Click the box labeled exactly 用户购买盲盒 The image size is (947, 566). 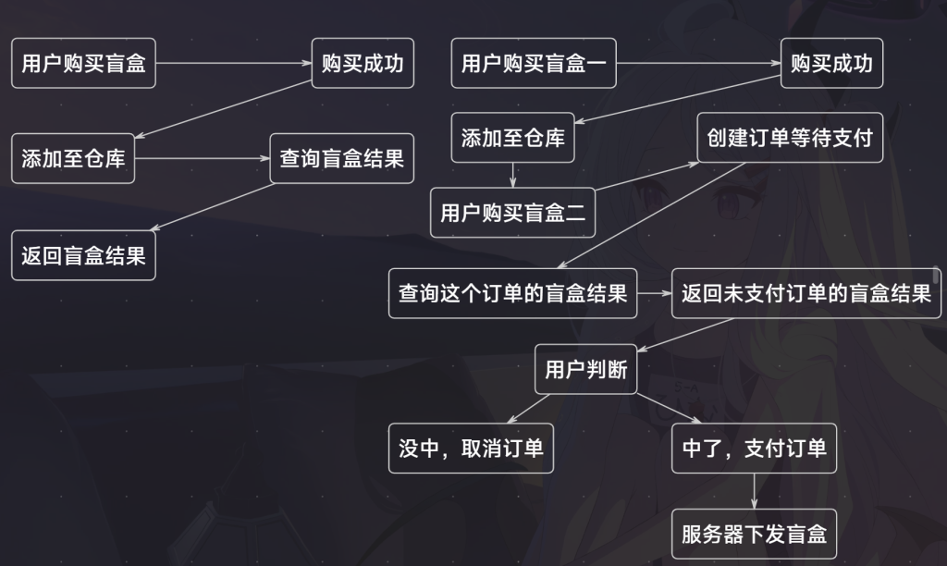click(x=83, y=64)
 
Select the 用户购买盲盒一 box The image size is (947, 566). click(x=535, y=64)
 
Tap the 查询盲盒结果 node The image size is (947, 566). click(x=342, y=158)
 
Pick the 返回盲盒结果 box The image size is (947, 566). click(x=83, y=254)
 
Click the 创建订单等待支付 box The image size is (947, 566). click(x=790, y=138)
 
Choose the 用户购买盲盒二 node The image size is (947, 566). click(x=512, y=214)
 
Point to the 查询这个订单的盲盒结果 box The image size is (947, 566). click(x=512, y=294)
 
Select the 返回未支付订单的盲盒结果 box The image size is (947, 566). click(x=806, y=294)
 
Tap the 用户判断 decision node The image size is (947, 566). click(x=585, y=370)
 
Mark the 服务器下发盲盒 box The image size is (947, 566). click(x=754, y=534)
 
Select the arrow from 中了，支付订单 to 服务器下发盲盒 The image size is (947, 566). click(x=755, y=490)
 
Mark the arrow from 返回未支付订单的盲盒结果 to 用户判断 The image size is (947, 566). click(x=684, y=335)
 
